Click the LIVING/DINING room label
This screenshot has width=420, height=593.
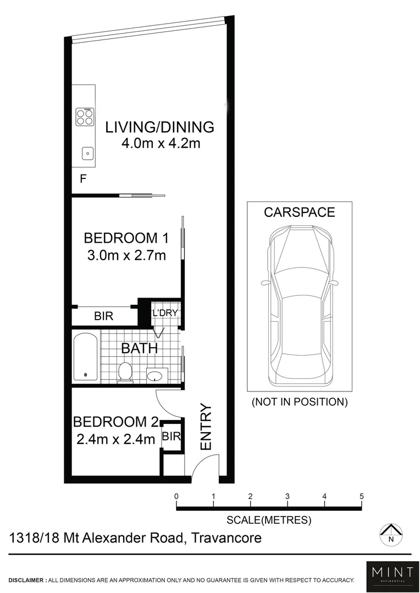pyautogui.click(x=159, y=127)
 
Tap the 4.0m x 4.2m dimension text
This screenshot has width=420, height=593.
pyautogui.click(x=159, y=144)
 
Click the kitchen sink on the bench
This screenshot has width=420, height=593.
pyautogui.click(x=87, y=153)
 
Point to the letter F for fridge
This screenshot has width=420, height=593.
pyautogui.click(x=83, y=178)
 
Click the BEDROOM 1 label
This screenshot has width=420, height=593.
pyautogui.click(x=125, y=238)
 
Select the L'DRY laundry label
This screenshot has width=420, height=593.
pyautogui.click(x=165, y=314)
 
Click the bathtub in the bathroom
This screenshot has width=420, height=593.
pyautogui.click(x=85, y=357)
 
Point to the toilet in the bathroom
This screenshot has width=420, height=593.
pyautogui.click(x=126, y=372)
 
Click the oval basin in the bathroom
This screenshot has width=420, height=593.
pyautogui.click(x=154, y=376)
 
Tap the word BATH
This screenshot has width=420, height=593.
pyautogui.click(x=139, y=348)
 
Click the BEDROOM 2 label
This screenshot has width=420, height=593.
pyautogui.click(x=116, y=422)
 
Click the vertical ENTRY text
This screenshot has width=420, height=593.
pyautogui.click(x=206, y=427)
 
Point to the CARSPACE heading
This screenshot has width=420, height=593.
pyautogui.click(x=299, y=212)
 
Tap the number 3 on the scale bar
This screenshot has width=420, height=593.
pyautogui.click(x=288, y=496)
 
